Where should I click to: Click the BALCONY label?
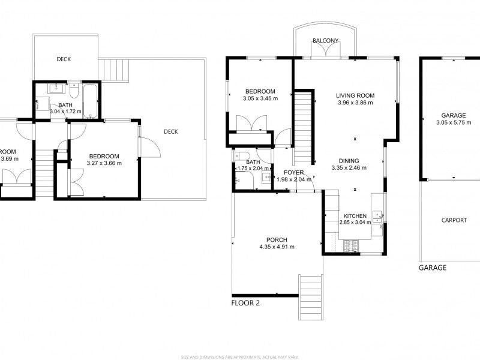click(326, 41)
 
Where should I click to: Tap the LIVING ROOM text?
click(355, 95)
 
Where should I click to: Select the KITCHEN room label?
click(355, 216)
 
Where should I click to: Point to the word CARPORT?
click(454, 220)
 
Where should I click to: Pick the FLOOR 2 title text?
click(245, 303)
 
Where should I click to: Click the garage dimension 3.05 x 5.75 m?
click(454, 122)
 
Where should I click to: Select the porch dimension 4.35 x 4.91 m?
click(277, 247)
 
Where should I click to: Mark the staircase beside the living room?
click(304, 126)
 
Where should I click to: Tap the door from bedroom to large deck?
click(147, 147)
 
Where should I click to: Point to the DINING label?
click(349, 161)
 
